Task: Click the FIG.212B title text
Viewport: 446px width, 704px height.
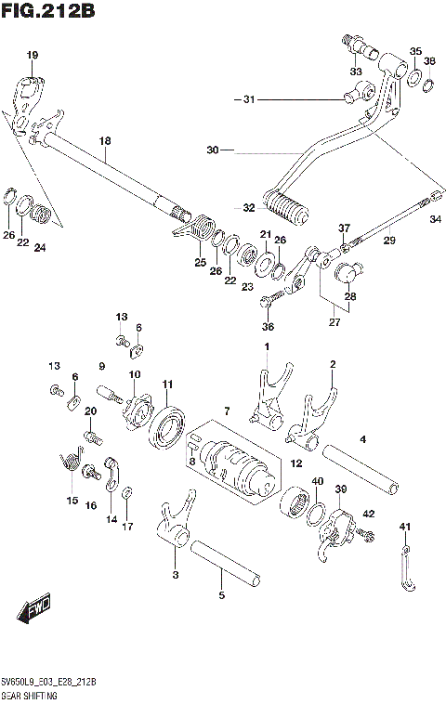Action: [x=48, y=12]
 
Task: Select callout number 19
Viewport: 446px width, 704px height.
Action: [x=33, y=56]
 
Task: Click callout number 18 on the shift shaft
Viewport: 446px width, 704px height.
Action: [x=105, y=141]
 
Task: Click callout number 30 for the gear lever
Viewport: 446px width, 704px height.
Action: [x=212, y=150]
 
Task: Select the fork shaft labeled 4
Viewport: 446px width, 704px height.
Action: [x=361, y=469]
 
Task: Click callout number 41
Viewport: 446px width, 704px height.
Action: [x=404, y=528]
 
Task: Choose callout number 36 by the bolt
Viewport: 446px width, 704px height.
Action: [x=268, y=326]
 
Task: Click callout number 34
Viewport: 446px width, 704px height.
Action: [x=434, y=220]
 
